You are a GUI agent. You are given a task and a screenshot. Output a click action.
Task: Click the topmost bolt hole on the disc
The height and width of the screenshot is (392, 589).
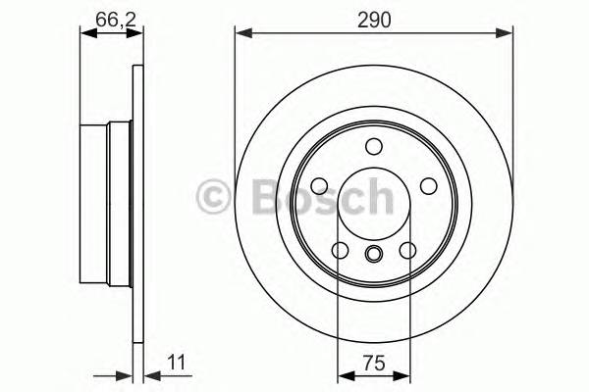tap(373, 147)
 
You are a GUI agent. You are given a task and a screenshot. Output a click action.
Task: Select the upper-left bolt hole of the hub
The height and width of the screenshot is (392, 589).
tap(319, 186)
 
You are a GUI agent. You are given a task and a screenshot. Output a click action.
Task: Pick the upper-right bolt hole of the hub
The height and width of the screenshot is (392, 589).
tap(428, 186)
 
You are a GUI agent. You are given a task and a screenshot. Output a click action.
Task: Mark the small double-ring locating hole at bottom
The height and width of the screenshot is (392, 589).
tap(373, 256)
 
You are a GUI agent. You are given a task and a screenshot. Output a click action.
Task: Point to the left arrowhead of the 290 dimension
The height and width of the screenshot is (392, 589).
tap(241, 35)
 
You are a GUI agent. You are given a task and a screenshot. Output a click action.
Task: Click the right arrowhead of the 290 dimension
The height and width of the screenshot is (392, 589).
tap(508, 35)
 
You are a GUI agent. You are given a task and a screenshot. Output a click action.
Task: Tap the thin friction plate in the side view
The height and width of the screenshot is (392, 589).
tap(137, 196)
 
